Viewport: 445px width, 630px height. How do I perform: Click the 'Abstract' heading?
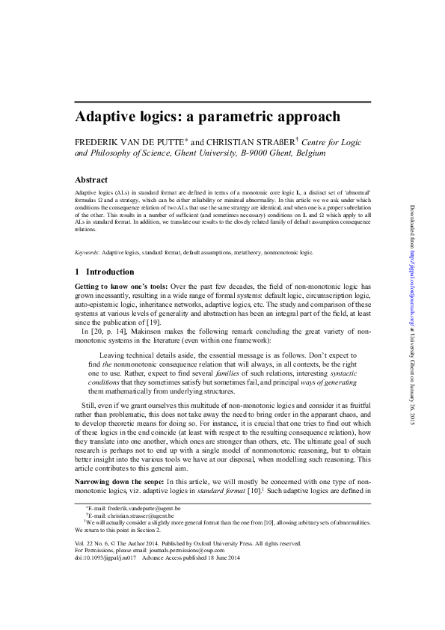click(x=93, y=180)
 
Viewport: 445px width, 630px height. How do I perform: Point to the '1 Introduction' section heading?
click(x=105, y=272)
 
